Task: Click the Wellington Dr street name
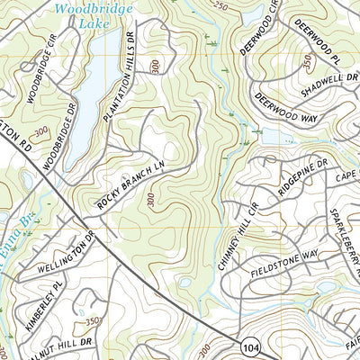pyautogui.click(x=67, y=256)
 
